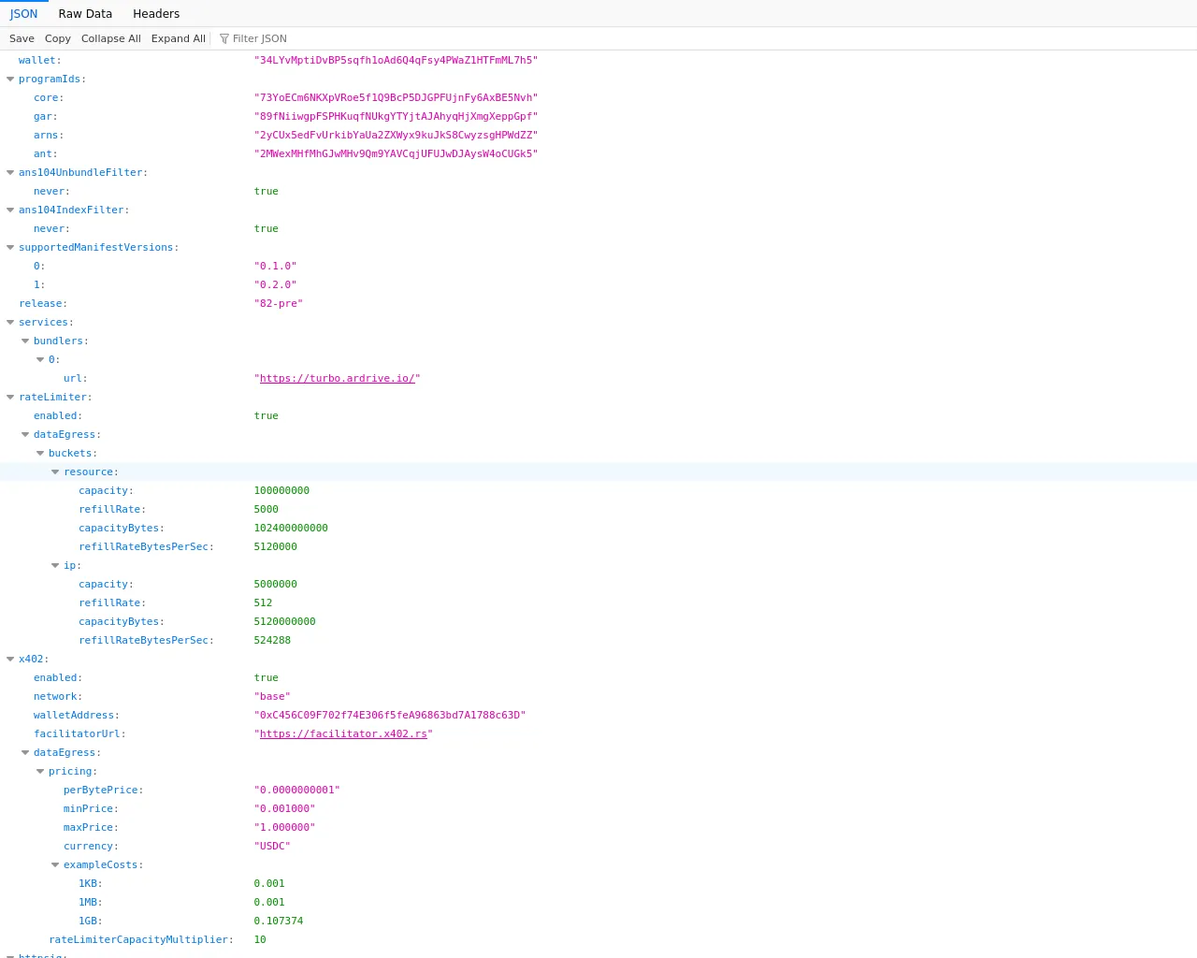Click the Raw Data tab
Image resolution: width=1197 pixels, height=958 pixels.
[85, 13]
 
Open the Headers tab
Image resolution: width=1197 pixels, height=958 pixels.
[156, 13]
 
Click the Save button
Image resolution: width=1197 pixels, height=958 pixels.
[22, 38]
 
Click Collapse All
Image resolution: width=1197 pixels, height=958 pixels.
[110, 38]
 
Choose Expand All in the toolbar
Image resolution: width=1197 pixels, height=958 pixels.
[178, 38]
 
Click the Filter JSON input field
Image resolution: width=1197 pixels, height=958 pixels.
[259, 38]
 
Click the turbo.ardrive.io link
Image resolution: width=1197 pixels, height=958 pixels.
[337, 378]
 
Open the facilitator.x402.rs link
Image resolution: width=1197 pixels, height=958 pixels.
[343, 733]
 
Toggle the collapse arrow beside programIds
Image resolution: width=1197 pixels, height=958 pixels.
[10, 79]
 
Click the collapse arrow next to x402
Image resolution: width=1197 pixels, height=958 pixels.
[10, 659]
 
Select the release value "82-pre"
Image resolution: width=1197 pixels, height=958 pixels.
[278, 303]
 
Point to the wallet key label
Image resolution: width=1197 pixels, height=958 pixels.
[37, 60]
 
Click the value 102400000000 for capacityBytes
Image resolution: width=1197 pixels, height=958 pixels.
[291, 528]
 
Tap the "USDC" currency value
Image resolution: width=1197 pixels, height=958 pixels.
[272, 846]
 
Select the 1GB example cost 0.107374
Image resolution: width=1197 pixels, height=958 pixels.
[278, 921]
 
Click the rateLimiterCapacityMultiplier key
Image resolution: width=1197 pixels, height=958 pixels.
[139, 939]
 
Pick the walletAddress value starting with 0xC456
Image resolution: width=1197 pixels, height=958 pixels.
[389, 715]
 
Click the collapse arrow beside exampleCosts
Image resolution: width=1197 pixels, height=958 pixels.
[55, 865]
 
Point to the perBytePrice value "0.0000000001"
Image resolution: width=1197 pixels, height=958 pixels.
[296, 790]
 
